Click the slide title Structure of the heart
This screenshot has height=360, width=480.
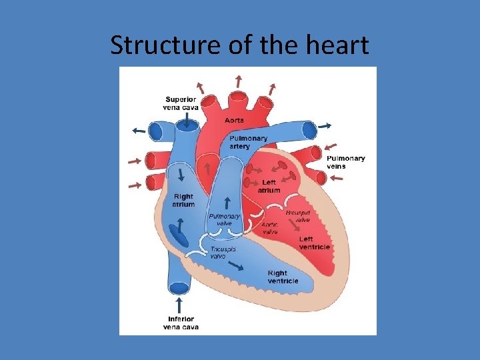coord(239,45)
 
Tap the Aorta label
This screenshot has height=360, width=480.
coord(234,120)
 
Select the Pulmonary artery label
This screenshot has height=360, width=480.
coord(248,143)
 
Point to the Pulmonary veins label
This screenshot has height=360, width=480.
coord(345,162)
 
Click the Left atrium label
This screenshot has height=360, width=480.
coord(269,187)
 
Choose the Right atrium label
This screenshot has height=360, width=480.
coord(183,201)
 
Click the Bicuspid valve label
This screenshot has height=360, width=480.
coord(298,216)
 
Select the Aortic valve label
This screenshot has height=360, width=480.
coord(270,229)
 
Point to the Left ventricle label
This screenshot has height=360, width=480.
coord(314,243)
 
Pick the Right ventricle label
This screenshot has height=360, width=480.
coord(283,277)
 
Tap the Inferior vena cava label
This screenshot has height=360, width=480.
coord(181,323)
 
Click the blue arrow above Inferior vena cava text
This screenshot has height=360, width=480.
coord(179,305)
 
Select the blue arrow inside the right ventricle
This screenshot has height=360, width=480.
coord(234,265)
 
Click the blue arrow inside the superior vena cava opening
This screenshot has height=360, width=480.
coord(187,121)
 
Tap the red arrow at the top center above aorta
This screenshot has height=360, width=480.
coord(238,82)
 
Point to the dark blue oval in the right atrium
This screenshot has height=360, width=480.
coord(178,235)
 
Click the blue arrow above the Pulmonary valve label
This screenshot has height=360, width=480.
coord(227,202)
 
